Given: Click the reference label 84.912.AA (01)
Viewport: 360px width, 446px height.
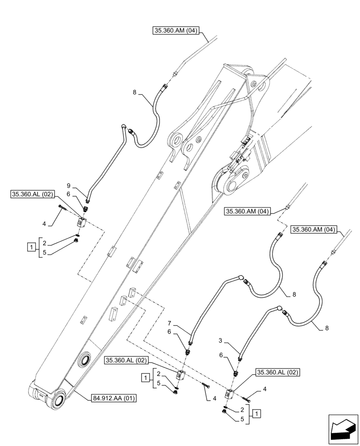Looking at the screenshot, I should pos(115,398).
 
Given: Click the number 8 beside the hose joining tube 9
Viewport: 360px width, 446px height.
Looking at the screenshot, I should pos(134,92).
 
